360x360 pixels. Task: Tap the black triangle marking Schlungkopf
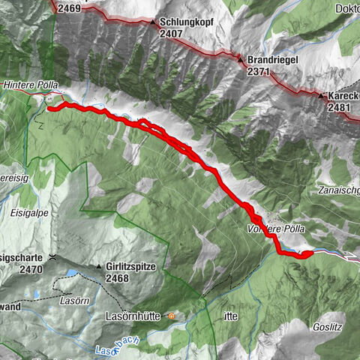[154, 22]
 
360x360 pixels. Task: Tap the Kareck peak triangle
[321, 96]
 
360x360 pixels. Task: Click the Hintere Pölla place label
[30, 85]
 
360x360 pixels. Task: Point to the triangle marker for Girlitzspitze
[98, 267]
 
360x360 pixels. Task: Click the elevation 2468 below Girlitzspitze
[118, 279]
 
